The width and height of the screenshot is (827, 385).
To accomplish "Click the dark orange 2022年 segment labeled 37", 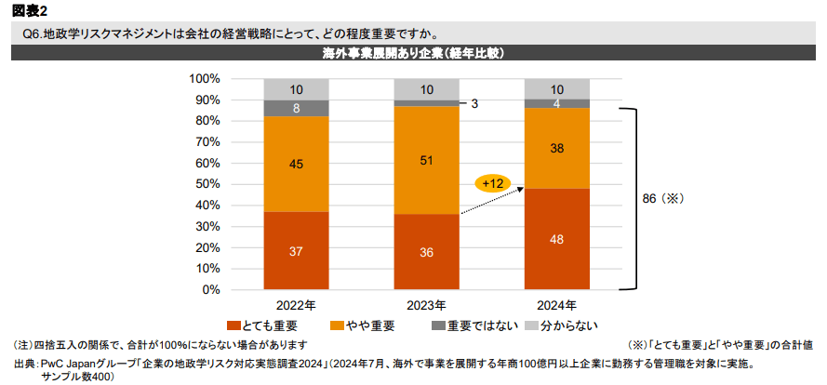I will (x=296, y=251).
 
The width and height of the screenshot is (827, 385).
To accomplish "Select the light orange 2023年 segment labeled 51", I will (x=426, y=160).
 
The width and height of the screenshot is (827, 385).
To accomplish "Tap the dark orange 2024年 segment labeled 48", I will (x=556, y=239).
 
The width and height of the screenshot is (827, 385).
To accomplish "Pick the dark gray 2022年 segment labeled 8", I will (x=296, y=108).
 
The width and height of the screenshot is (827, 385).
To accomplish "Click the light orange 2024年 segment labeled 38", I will (x=556, y=148).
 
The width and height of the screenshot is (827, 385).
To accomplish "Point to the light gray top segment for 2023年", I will (x=426, y=89).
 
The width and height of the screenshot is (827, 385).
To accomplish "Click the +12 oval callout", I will (x=491, y=183).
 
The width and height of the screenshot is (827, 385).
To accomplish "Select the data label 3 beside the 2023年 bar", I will (x=474, y=103).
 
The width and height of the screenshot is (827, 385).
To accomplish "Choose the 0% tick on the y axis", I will (x=209, y=289).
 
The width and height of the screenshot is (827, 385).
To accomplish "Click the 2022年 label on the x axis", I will (x=296, y=305).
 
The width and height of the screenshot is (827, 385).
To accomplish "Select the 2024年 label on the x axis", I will (x=556, y=305).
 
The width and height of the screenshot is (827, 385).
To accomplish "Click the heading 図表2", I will (x=30, y=10).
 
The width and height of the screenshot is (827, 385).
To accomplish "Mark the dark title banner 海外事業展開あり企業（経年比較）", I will (x=413, y=53).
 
